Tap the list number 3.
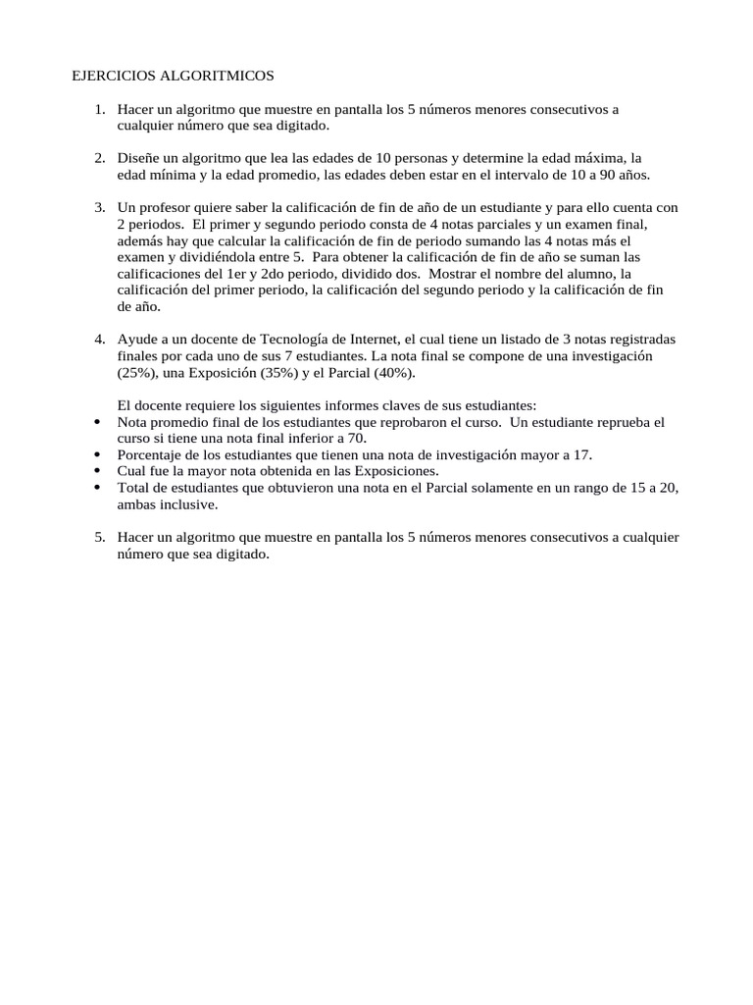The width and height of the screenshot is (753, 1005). (x=100, y=207)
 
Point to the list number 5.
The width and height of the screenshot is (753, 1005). (x=100, y=537)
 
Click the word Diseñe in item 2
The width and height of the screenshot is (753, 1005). (x=137, y=158)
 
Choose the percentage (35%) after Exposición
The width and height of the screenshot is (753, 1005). (x=271, y=373)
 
